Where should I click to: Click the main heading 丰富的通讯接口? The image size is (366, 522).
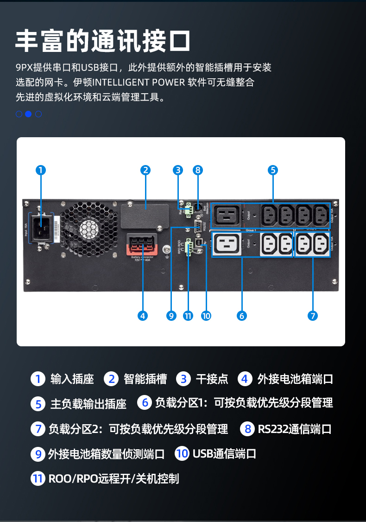coord(103,41)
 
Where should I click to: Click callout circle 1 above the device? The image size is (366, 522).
coord(41,170)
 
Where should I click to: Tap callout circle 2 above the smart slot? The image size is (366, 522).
coord(146,170)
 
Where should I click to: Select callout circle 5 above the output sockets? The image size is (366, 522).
coord(273,170)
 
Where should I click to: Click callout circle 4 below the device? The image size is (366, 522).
coord(143,316)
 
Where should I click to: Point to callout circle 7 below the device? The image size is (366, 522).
coord(312,316)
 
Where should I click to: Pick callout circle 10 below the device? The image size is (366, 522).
coord(206,316)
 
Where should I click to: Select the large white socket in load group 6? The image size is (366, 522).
coord(227,243)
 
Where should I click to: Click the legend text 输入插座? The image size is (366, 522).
coord(72,379)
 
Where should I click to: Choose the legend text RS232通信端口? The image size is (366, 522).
coord(295,429)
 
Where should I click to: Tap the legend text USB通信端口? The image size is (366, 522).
coord(224,453)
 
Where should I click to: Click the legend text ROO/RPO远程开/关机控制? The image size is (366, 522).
coord(114,478)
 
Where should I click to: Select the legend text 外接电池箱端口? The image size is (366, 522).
coord(295,379)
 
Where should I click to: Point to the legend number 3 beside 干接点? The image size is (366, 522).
coord(184,379)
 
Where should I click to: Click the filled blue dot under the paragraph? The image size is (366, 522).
coord(28,114)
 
